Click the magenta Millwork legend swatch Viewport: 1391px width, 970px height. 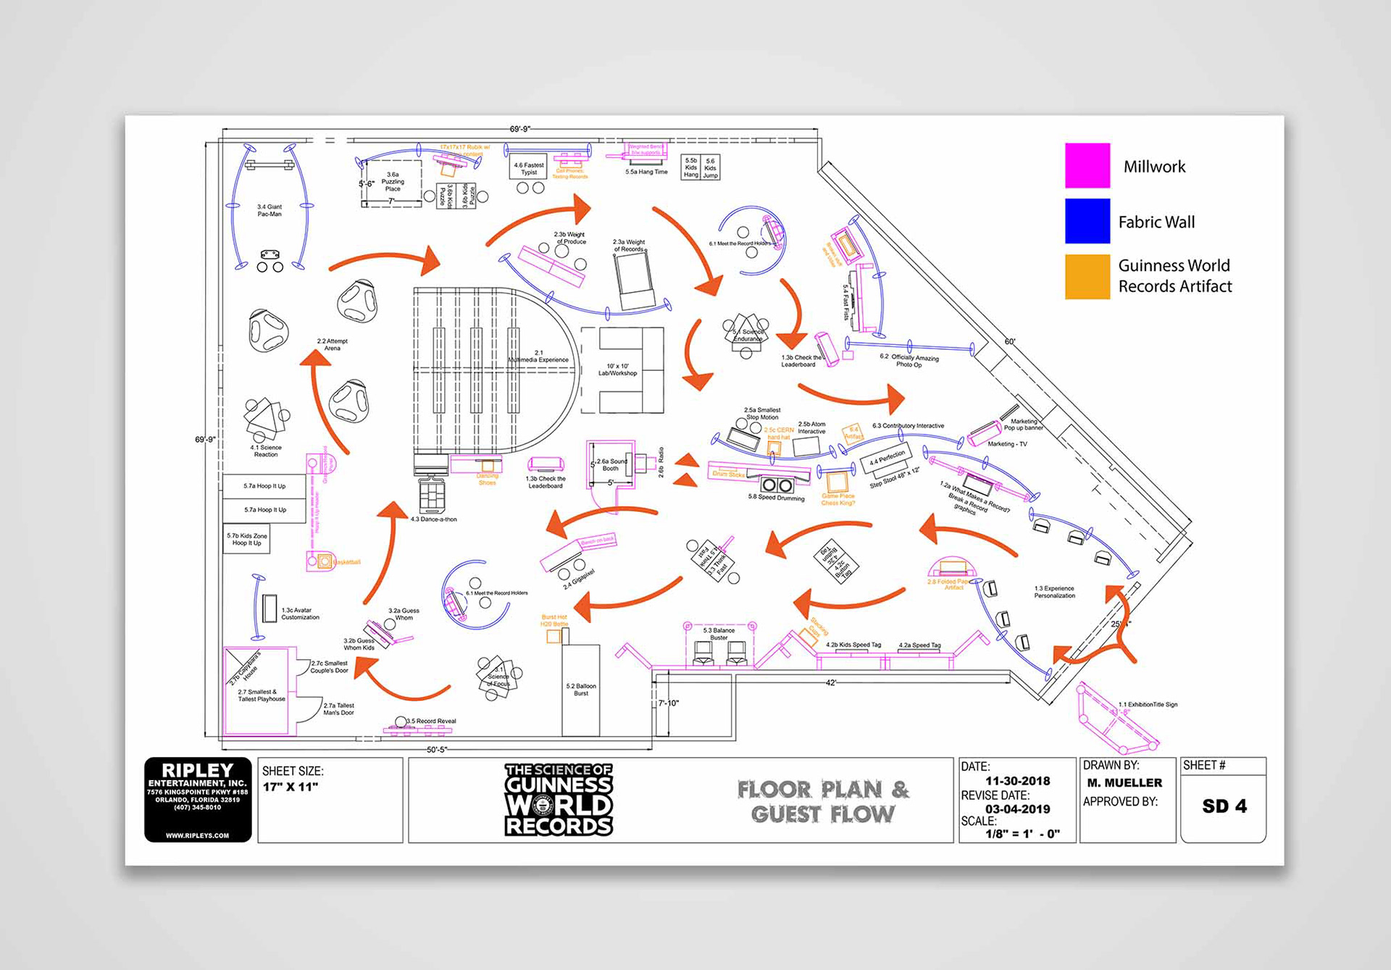click(x=1087, y=165)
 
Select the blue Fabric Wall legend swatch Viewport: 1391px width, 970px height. click(x=1087, y=221)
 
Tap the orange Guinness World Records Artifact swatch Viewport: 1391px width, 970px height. click(x=1087, y=276)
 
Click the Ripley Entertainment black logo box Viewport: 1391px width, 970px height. click(x=198, y=800)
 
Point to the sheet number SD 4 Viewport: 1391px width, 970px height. click(x=1224, y=806)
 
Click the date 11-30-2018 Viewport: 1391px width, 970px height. click(x=1017, y=781)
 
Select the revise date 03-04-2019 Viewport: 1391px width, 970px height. click(x=1017, y=809)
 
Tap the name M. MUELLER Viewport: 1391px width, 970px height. click(x=1124, y=783)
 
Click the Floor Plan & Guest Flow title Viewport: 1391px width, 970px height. click(x=823, y=801)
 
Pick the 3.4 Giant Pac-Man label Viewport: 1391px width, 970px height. click(x=270, y=210)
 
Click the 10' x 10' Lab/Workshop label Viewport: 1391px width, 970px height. click(x=617, y=369)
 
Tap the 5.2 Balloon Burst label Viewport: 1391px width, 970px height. click(x=581, y=689)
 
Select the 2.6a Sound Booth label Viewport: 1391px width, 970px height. click(x=611, y=464)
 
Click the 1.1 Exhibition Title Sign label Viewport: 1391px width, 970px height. click(x=1148, y=704)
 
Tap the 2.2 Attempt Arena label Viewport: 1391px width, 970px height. click(x=332, y=344)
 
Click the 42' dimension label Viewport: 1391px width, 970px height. click(x=831, y=682)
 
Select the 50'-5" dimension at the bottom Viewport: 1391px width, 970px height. click(x=436, y=749)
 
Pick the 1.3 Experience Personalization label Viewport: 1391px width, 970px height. click(x=1054, y=592)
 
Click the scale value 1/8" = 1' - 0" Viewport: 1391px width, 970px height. click(x=1022, y=834)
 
